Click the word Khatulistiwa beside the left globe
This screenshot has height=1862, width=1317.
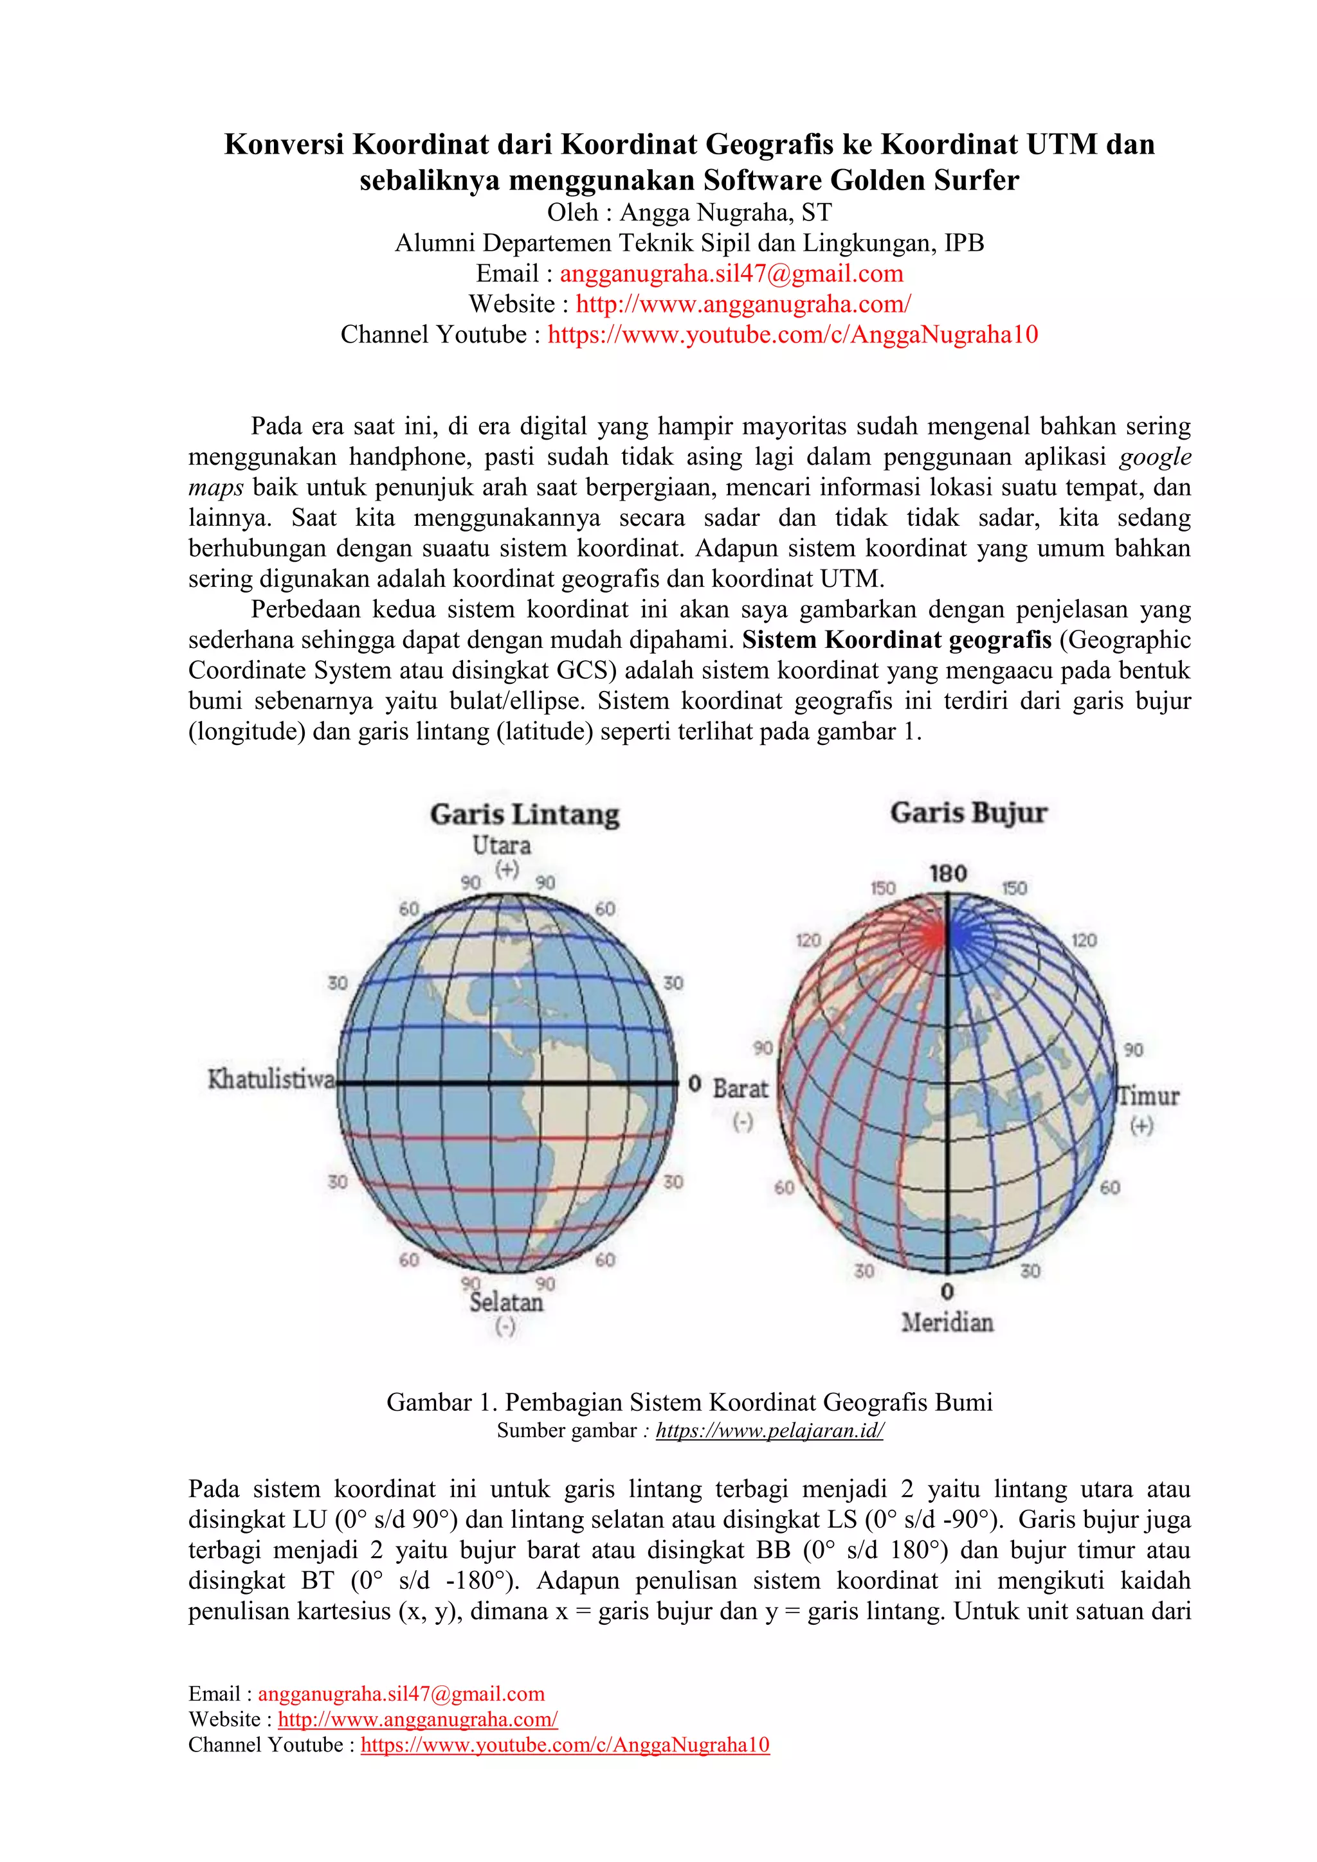[271, 1079]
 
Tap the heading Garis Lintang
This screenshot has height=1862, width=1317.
[524, 814]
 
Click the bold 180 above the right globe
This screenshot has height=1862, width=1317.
[948, 873]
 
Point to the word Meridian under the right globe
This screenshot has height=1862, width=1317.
[947, 1323]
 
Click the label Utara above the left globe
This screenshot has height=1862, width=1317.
[502, 845]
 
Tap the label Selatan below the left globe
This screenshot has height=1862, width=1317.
[506, 1302]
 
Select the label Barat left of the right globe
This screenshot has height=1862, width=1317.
[740, 1088]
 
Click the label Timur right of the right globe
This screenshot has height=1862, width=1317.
[1149, 1096]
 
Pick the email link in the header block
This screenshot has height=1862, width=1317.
[731, 273]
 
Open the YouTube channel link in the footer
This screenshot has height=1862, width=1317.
[565, 1744]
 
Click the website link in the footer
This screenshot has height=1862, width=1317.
[417, 1719]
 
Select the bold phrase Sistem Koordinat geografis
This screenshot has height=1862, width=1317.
[896, 640]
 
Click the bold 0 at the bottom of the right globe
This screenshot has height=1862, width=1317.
[947, 1291]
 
